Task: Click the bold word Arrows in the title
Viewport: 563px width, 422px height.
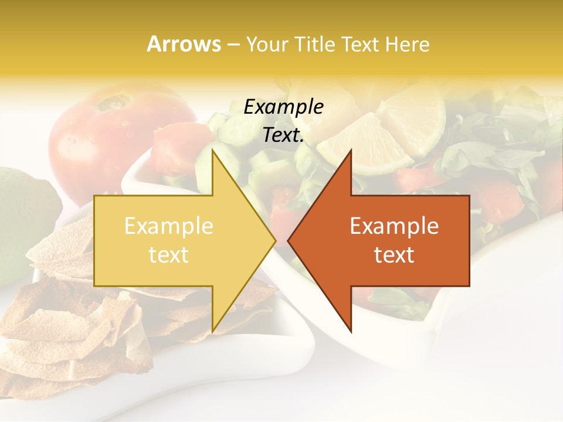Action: click(x=184, y=44)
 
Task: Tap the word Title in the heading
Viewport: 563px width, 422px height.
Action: click(x=315, y=45)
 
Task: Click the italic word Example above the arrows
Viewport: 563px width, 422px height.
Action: click(x=283, y=107)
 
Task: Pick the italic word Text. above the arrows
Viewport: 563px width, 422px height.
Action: click(x=283, y=135)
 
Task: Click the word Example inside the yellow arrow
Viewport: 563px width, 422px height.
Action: click(x=169, y=226)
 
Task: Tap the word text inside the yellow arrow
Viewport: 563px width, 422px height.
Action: click(x=169, y=255)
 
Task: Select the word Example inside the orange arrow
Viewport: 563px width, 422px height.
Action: click(x=394, y=226)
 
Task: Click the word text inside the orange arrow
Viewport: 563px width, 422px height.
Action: click(x=394, y=255)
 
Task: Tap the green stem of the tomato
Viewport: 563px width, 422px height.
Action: click(x=114, y=103)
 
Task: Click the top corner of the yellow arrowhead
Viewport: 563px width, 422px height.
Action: click(x=213, y=150)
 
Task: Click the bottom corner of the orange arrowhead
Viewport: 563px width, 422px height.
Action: click(x=351, y=331)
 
